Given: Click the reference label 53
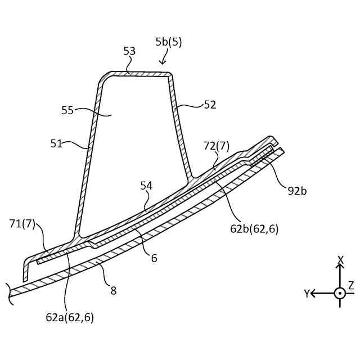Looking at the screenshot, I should click(129, 51).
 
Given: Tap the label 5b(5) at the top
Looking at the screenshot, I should click(169, 42).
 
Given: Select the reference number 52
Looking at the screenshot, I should click(210, 104).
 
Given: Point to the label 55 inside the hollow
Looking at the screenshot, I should click(67, 110).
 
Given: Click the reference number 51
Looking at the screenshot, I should click(56, 143).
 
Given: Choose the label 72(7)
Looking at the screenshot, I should click(217, 146).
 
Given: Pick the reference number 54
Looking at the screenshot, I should click(146, 186).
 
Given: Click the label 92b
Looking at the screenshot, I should click(297, 191).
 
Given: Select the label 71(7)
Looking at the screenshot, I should click(22, 224).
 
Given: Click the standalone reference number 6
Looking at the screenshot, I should click(154, 258).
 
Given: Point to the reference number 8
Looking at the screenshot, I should click(113, 291).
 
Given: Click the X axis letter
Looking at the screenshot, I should click(340, 259).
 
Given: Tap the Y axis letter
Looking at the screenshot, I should click(307, 294).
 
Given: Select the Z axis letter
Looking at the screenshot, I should click(351, 286).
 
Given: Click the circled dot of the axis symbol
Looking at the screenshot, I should click(340, 293).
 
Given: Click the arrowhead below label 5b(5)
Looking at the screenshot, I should click(163, 63).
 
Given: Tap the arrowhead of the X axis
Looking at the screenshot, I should click(340, 266).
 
